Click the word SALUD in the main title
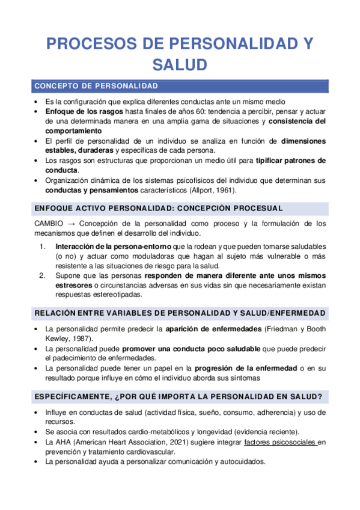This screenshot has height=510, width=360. point(180,64)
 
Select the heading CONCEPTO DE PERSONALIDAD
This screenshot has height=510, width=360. point(96,85)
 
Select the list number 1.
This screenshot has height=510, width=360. point(41,247)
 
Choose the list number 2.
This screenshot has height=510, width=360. point(42,276)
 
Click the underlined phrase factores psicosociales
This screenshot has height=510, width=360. point(280,443)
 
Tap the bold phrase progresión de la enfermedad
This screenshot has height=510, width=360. point(246,368)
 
